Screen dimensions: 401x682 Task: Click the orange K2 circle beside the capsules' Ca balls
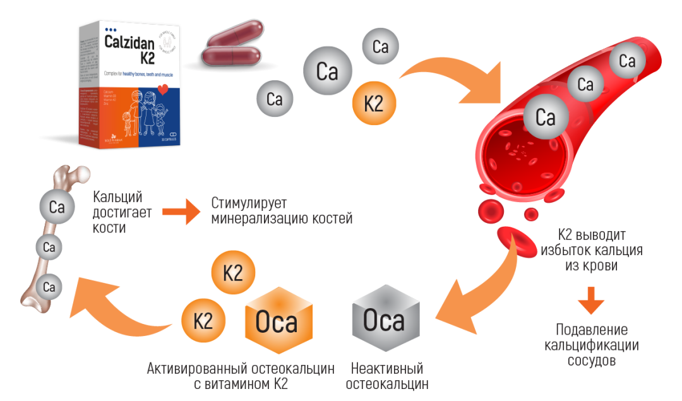[x=374, y=104]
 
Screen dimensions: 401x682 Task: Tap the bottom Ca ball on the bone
[x=49, y=287]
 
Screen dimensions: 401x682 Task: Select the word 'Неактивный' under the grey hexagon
[x=386, y=368]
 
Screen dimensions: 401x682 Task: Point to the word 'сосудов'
[x=592, y=361]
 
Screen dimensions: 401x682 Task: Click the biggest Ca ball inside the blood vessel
[x=544, y=117]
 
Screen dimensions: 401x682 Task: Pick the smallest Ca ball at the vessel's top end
[x=626, y=61]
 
